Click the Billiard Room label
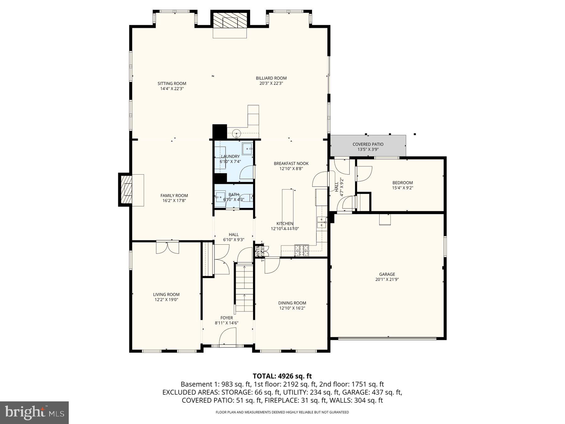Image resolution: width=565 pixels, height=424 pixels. point(271,78)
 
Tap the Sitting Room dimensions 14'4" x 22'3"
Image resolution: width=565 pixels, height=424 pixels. point(172,89)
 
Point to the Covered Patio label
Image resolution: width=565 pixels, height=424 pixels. point(368,144)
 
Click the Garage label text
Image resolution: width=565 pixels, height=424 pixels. point(387,274)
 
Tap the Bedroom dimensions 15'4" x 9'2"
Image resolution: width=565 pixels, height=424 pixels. point(402,188)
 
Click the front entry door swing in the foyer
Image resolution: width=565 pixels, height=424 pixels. point(228,337)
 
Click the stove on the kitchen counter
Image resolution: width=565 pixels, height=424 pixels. point(301,250)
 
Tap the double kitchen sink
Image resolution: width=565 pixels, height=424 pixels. point(321,222)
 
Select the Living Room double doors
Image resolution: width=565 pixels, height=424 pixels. point(168,247)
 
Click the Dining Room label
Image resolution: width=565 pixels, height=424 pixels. point(292,303)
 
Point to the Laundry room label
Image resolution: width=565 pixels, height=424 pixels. point(230,156)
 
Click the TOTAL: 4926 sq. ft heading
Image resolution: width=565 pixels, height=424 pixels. point(282,376)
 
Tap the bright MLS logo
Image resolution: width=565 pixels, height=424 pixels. point(34,412)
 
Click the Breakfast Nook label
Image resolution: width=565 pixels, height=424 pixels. point(291,163)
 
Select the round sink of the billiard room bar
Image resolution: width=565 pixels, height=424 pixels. point(236,133)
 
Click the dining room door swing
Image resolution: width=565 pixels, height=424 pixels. point(271,266)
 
